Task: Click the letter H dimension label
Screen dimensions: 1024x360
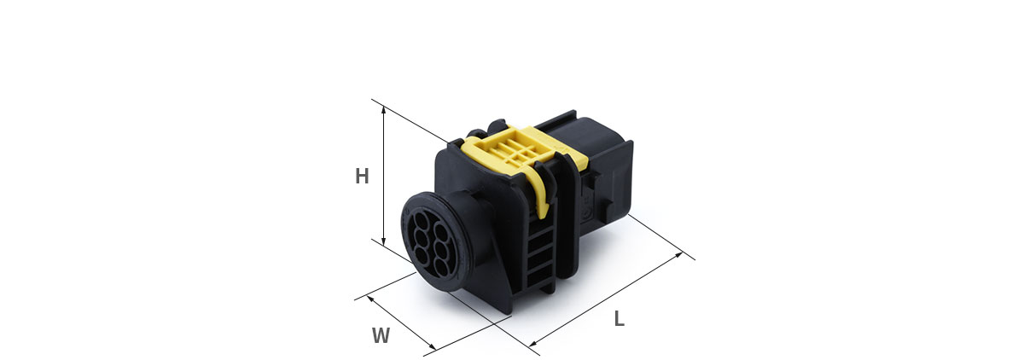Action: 362,176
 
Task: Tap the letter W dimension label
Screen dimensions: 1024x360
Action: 381,335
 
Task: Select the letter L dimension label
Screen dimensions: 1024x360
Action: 619,318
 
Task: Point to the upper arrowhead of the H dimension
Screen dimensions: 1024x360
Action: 383,111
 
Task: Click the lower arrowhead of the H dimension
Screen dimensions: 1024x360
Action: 383,241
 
